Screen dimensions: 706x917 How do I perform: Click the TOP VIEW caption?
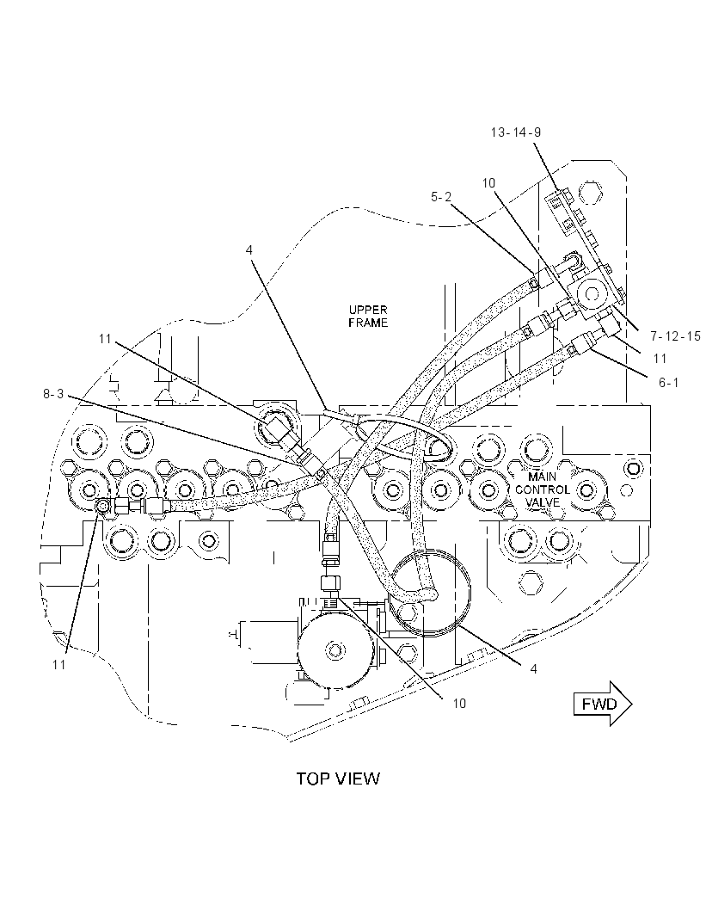338,779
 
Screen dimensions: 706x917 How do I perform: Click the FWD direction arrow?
603,704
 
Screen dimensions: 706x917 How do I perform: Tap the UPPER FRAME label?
368,316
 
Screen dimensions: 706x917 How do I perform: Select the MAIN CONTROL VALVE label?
542,489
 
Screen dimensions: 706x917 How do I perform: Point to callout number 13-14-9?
515,132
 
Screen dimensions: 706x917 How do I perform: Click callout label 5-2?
441,197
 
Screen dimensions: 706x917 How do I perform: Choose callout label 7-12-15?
675,336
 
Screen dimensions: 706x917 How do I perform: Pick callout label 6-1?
669,383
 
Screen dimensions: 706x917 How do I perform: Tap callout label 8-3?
53,394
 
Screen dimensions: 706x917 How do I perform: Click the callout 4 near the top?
249,249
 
